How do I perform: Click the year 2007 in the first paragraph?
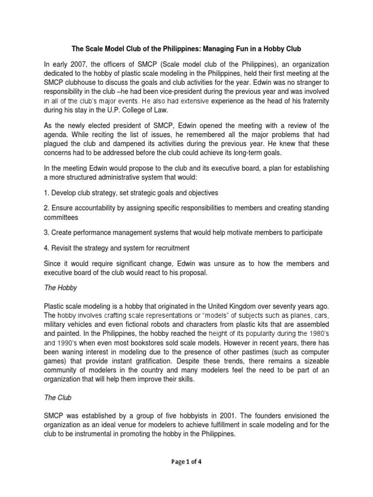(x=72, y=65)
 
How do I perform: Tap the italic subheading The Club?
(x=58, y=398)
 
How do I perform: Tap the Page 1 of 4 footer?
(x=186, y=462)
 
